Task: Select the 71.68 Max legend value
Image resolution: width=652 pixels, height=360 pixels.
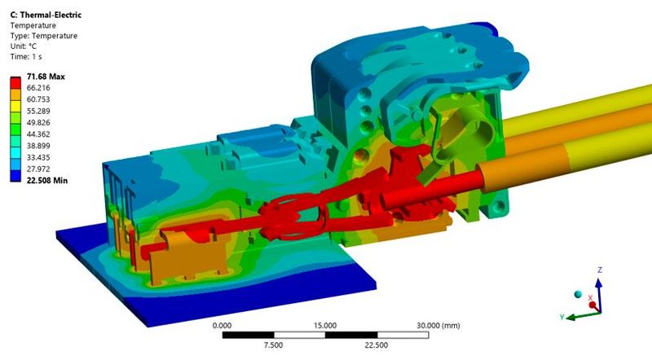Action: coord(46,77)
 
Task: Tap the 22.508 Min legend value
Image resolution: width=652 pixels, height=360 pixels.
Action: coord(46,180)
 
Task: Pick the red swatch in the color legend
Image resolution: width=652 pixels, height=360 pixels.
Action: coord(15,82)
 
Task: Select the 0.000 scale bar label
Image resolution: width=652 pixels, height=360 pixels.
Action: coord(222,325)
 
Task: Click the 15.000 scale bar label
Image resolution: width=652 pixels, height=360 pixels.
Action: coord(325,325)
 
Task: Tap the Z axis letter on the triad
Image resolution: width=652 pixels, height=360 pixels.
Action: coord(600,269)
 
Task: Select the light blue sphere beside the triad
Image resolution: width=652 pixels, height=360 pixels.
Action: coord(579,293)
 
